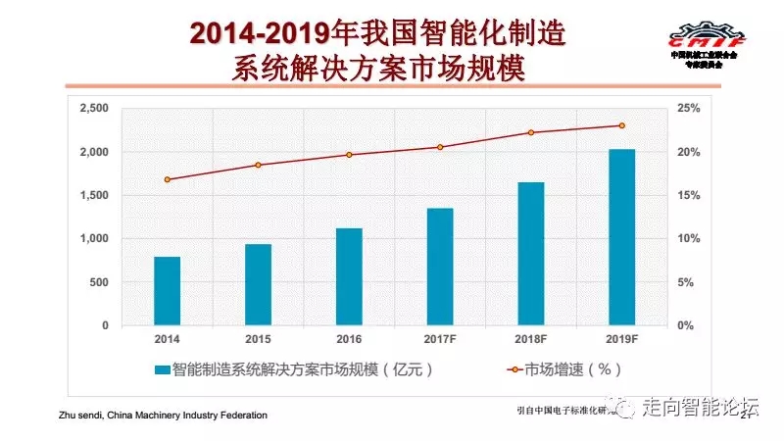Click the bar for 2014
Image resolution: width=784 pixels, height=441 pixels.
(168, 290)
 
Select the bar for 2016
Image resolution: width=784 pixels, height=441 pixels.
(349, 276)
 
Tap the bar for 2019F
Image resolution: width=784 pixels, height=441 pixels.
(621, 236)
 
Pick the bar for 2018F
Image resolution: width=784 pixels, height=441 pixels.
(530, 253)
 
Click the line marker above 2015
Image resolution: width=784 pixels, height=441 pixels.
(259, 165)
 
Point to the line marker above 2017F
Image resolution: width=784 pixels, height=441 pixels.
(440, 147)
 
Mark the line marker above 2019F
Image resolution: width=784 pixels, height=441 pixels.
(621, 125)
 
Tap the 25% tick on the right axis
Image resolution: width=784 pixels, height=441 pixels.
(689, 109)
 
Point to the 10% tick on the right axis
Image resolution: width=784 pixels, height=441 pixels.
(689, 239)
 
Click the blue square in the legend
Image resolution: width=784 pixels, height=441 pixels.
(162, 369)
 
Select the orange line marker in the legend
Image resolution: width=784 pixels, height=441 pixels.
(510, 369)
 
